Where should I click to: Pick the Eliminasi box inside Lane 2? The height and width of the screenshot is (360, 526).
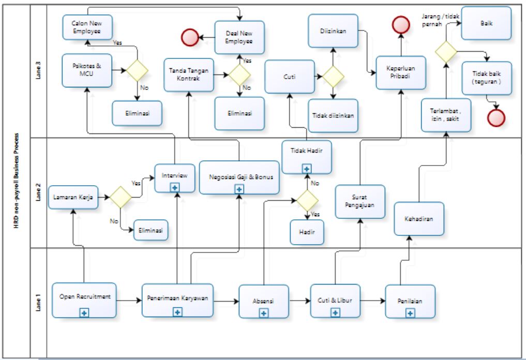click(x=152, y=231)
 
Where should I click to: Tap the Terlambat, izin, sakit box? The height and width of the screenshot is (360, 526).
click(x=446, y=115)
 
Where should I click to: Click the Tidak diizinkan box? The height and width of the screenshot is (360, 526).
click(x=334, y=115)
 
